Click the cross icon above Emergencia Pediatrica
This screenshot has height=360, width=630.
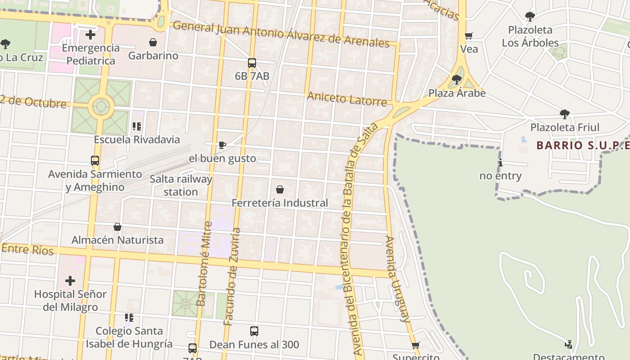pyautogui.click(x=90, y=34)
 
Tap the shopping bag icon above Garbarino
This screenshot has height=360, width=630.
pyautogui.click(x=153, y=42)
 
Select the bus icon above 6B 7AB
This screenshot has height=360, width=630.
pyautogui.click(x=252, y=63)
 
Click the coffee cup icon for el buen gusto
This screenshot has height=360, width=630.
pyautogui.click(x=222, y=145)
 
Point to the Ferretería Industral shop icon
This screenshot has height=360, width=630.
pyautogui.click(x=280, y=189)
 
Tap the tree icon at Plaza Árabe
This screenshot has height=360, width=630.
pyautogui.click(x=457, y=80)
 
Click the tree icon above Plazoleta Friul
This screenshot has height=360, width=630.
pyautogui.click(x=565, y=114)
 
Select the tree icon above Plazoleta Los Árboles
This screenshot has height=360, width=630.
pyautogui.click(x=530, y=17)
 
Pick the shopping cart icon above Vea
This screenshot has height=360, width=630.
pyautogui.click(x=469, y=36)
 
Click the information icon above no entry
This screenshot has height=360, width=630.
pyautogui.click(x=500, y=162)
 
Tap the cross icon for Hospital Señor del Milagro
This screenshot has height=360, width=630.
pyautogui.click(x=70, y=281)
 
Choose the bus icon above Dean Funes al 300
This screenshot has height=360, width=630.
pyautogui.click(x=254, y=331)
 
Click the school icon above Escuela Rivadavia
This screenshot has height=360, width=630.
pyautogui.click(x=137, y=126)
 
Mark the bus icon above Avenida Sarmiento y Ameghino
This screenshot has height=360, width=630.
pyautogui.click(x=95, y=161)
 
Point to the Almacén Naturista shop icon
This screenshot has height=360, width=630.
pyautogui.click(x=117, y=227)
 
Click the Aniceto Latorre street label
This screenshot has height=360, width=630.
pyautogui.click(x=346, y=99)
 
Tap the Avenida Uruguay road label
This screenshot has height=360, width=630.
pyautogui.click(x=398, y=279)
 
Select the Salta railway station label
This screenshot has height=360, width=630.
pyautogui.click(x=180, y=185)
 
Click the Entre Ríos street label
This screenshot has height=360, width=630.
pyautogui.click(x=28, y=249)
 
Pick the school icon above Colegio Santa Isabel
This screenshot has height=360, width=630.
pyautogui.click(x=129, y=318)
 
